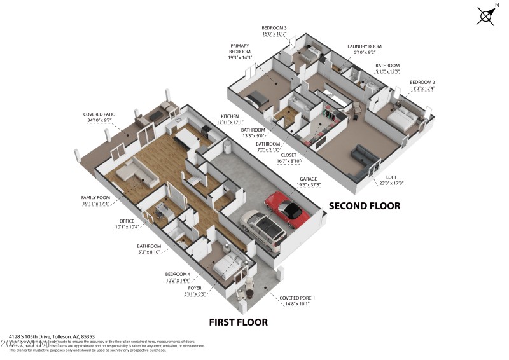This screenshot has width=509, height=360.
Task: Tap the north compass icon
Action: (485, 15)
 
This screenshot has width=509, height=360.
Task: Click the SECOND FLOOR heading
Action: (364, 205)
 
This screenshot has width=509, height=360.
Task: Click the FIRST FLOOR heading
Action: (239, 322)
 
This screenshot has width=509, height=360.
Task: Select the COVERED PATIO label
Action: (98, 115)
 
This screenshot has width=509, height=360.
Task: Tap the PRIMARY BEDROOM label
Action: (240, 49)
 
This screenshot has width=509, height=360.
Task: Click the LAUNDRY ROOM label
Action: (364, 46)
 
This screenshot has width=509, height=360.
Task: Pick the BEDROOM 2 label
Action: (422, 83)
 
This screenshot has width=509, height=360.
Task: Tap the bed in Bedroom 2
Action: (403, 118)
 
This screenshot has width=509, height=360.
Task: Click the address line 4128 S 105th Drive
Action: (52, 336)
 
